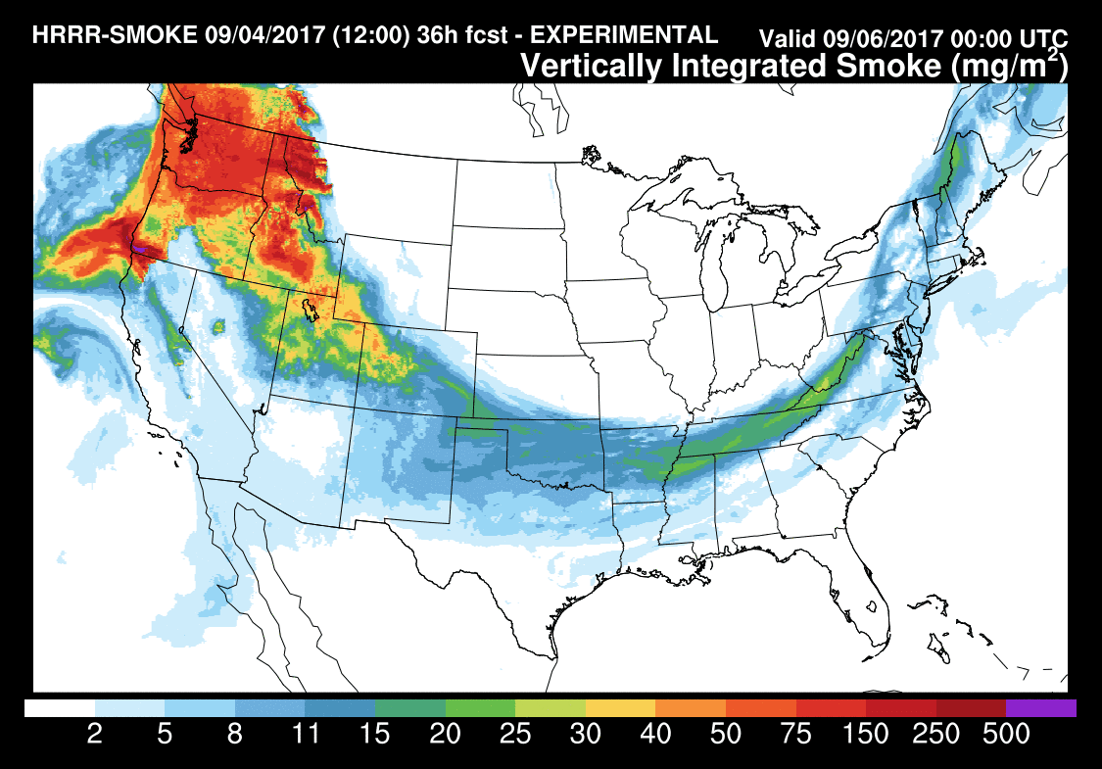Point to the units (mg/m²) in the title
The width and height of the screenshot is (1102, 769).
coord(1015,67)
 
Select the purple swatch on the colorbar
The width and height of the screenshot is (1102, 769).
coord(1041,707)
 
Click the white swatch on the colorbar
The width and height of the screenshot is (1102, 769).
coord(60,707)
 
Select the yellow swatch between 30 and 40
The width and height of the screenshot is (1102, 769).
coord(620,707)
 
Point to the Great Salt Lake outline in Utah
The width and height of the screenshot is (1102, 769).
coord(311,309)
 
